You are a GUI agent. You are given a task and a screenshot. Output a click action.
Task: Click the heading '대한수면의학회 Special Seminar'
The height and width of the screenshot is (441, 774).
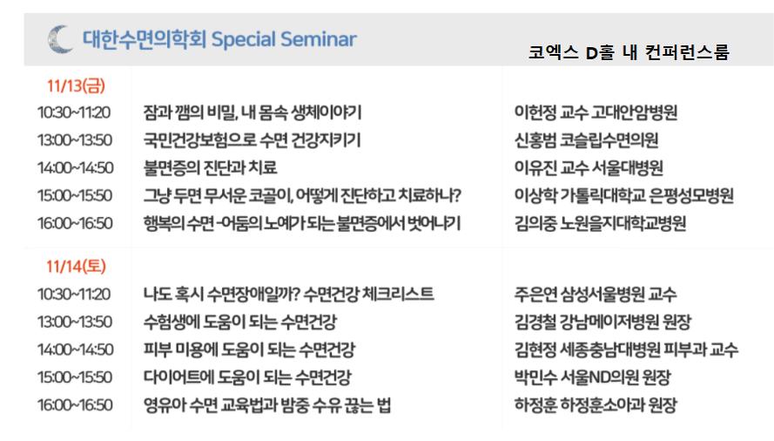pos(219,39)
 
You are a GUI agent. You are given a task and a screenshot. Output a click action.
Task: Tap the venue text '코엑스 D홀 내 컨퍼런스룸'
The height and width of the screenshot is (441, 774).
pos(629,52)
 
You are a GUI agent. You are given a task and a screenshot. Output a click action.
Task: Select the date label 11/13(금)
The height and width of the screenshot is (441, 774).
pos(76,85)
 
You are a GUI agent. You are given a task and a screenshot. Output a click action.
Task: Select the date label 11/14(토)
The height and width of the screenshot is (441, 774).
pos(76,267)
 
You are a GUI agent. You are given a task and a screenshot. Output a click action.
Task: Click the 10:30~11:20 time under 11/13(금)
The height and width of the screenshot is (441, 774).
pos(74,112)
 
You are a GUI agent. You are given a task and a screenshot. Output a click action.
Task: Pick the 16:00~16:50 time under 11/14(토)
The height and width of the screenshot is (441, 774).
pos(75,405)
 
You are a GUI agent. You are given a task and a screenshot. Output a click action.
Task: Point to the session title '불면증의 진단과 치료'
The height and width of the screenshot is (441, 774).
pos(210,167)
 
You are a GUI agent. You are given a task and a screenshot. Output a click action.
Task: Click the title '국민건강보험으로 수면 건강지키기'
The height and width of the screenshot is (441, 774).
pos(252,140)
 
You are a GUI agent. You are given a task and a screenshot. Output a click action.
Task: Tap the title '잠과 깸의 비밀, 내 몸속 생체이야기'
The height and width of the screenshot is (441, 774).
pos(252,112)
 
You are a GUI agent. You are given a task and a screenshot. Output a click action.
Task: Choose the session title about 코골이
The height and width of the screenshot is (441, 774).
pos(302,195)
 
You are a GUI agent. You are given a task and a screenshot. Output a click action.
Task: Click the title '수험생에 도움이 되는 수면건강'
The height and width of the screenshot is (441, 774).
pos(240,322)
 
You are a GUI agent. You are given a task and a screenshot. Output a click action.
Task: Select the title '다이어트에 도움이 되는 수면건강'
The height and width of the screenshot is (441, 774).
pos(247,377)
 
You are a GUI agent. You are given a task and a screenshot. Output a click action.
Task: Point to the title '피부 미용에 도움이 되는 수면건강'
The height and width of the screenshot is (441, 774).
pos(249,349)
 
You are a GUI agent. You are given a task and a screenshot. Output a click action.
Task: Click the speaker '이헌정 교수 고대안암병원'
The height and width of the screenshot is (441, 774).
pos(596,112)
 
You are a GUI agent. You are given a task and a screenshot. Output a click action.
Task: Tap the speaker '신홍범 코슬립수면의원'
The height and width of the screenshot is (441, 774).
pos(586,140)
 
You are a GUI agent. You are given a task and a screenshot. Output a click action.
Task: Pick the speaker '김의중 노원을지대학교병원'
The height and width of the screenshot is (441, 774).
pos(600,223)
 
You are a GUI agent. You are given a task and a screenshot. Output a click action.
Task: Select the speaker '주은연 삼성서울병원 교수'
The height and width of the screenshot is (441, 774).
pos(596,295)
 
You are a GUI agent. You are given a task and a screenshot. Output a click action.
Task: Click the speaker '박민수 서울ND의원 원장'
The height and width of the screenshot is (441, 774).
pos(592,377)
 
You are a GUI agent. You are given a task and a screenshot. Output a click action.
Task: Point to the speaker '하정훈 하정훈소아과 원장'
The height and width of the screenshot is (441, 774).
pos(596,405)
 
